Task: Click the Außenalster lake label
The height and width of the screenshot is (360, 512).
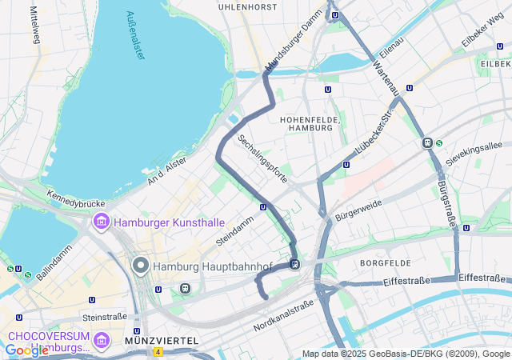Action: point(136,36)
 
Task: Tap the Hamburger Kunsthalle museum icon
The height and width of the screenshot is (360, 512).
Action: point(102,221)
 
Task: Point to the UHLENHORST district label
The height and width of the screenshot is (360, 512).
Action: point(248,6)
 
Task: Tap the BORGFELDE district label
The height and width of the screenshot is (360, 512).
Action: point(385,262)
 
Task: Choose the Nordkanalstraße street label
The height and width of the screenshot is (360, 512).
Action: point(283,316)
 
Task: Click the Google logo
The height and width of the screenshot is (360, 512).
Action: point(26,350)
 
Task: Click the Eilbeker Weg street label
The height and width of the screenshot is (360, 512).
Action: point(482,36)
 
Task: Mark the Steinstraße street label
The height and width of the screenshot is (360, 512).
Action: point(104,317)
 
